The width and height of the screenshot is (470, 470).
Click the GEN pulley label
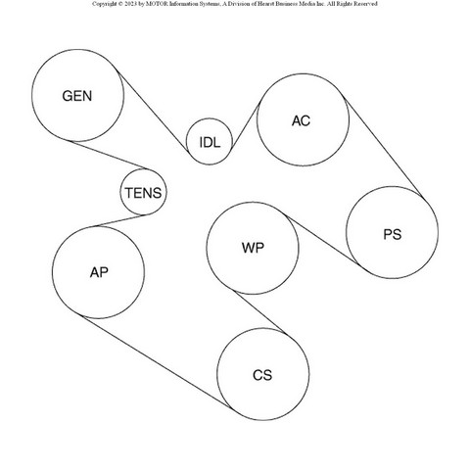click(77, 96)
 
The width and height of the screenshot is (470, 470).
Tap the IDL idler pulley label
click(210, 142)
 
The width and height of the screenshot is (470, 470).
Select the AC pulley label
click(301, 120)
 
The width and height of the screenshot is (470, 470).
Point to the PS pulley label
click(392, 234)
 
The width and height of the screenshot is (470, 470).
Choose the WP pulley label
click(253, 248)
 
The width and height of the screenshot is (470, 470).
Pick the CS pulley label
click(262, 375)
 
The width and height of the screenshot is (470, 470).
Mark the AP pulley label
click(99, 272)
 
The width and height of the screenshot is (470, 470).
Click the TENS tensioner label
click(143, 193)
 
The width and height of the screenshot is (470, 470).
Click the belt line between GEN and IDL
click(153, 112)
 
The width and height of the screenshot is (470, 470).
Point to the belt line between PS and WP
click(323, 241)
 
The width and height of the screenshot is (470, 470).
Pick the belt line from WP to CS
click(260, 313)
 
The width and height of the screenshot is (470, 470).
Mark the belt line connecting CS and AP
click(157, 362)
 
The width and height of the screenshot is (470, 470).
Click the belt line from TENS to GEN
click(110, 155)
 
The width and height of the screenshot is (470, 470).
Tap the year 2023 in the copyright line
click(131, 4)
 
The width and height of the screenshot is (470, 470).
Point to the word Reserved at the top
click(364, 4)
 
